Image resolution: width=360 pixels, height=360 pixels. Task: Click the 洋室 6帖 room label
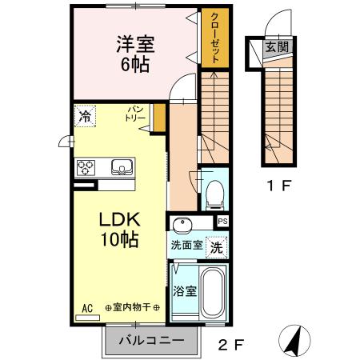tap(134, 51)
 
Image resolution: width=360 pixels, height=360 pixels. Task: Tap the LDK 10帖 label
tap(119, 229)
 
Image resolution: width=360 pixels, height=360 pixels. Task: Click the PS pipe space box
tap(222, 222)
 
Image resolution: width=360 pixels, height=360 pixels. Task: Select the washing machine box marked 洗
tap(216, 248)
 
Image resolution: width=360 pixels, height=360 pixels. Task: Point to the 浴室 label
tap(186, 290)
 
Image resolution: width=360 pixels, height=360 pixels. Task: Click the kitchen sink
tap(122, 167)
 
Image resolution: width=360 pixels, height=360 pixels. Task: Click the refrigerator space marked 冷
tap(84, 116)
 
